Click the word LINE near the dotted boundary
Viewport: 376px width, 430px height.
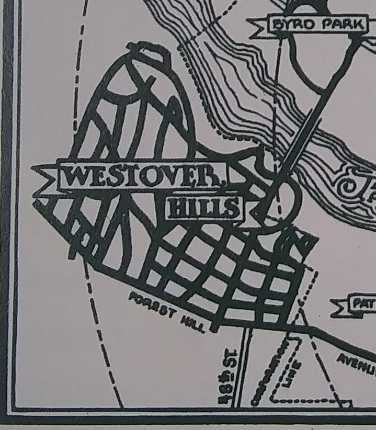pos(295,372)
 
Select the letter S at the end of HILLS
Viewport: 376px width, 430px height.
pos(233,209)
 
